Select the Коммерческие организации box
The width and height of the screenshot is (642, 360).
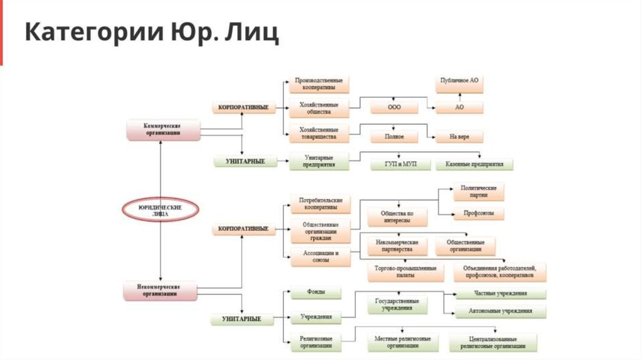tap(162, 129)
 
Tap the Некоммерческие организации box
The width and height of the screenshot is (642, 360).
tap(162, 290)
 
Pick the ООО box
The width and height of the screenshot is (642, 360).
tap(394, 108)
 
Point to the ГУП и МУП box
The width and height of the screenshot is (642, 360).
tap(399, 164)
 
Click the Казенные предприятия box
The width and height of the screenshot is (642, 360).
tap(474, 164)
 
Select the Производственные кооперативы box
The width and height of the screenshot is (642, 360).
tap(319, 85)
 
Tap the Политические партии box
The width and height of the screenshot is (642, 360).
tap(478, 191)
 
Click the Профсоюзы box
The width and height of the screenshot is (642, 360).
tap(478, 214)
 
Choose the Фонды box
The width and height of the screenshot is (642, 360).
tap(315, 293)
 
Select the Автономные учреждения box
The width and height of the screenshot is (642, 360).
tap(500, 311)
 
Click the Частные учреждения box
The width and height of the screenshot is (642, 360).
tap(500, 294)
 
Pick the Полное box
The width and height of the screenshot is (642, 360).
tap(394, 136)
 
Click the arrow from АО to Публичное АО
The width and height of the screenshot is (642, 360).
tap(460, 98)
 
